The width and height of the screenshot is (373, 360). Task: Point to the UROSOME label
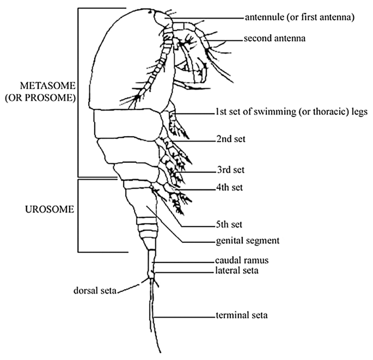(x=48, y=209)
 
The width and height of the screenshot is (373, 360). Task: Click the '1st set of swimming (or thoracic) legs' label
(x=291, y=113)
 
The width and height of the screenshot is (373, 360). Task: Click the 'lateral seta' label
(x=237, y=270)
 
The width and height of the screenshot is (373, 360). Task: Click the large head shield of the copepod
(x=128, y=60)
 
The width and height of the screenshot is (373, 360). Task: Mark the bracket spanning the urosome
(x=79, y=215)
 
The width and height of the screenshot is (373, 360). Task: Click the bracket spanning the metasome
(x=79, y=93)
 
